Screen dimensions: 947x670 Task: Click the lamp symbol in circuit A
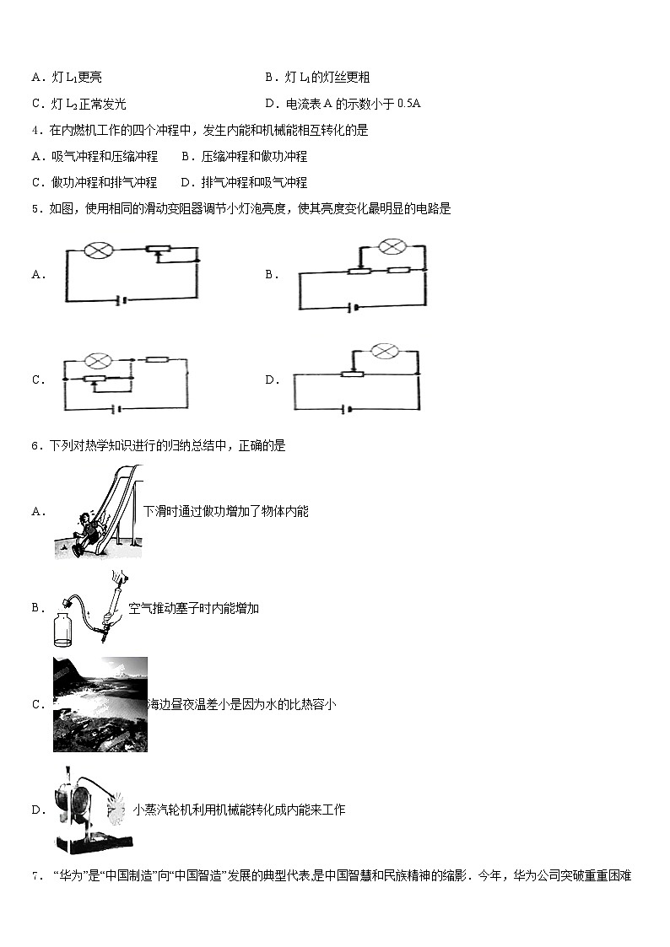tap(90, 250)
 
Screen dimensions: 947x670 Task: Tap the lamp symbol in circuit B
tap(390, 246)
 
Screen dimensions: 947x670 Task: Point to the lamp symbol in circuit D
tap(384, 350)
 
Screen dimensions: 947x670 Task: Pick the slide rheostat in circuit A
tap(158, 250)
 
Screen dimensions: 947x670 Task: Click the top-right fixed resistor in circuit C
tap(158, 360)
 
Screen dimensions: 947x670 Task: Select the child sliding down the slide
tap(85, 531)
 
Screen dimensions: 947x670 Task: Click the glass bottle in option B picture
tap(64, 624)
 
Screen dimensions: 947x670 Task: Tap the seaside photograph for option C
tap(100, 704)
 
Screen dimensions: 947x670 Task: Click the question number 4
tap(35, 131)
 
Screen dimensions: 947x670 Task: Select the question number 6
tap(35, 446)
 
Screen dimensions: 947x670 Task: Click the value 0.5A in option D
tap(408, 104)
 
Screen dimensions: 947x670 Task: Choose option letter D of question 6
tap(37, 810)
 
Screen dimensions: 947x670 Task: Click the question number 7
tap(35, 876)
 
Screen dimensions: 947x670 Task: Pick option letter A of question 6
tap(37, 511)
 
